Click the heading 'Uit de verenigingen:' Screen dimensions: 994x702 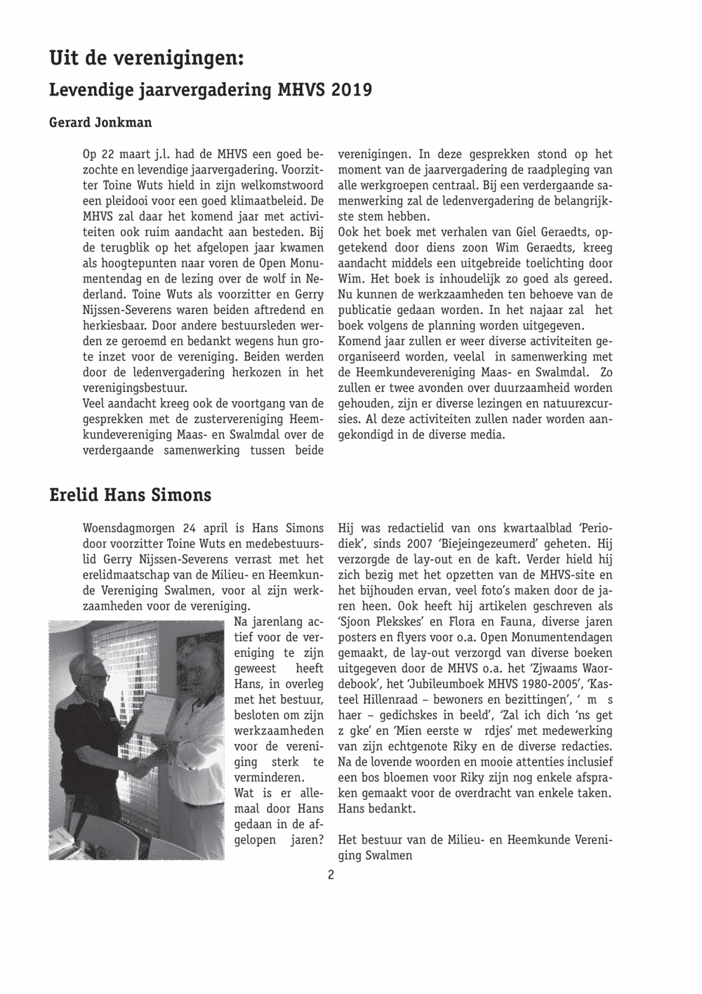tap(146, 58)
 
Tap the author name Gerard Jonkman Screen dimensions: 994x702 tap(100, 122)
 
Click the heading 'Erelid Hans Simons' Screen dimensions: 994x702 tap(130, 495)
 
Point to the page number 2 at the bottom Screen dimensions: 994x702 tap(330, 875)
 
